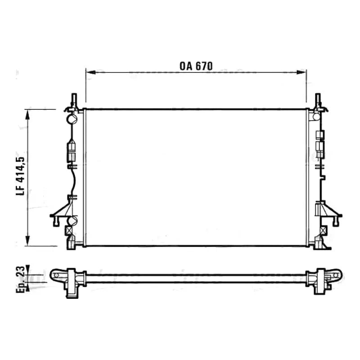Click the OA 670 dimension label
point(196,66)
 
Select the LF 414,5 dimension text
point(20,176)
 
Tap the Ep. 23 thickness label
point(20,279)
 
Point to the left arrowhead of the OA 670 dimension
point(90,72)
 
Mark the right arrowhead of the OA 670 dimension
point(301,72)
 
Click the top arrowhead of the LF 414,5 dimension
point(28,114)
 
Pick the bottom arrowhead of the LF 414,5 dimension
point(28,241)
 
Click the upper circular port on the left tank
point(71,118)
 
